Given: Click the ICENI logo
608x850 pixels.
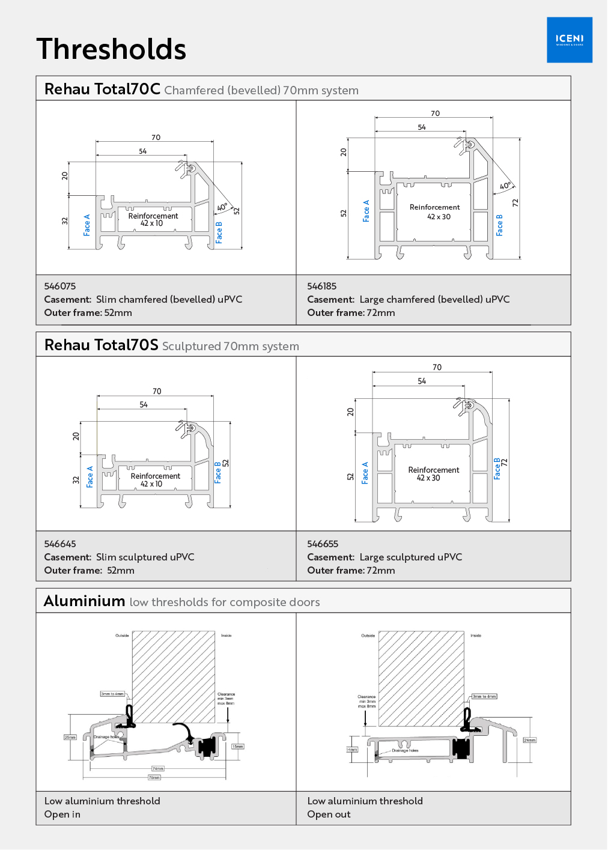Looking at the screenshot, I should [569, 40].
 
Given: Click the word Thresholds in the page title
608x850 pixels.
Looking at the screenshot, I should [111, 49].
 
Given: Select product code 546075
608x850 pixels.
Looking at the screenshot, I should [60, 286].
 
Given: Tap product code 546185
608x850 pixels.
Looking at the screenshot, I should [322, 286].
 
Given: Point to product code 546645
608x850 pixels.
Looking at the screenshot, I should [60, 544].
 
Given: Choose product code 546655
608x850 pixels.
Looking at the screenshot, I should [323, 544].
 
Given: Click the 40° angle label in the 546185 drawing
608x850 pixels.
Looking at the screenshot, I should [505, 186].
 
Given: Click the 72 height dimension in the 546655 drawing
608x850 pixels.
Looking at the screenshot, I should [505, 462].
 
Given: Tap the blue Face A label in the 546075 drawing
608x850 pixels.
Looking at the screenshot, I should [87, 225].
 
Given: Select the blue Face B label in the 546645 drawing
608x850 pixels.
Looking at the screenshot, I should [217, 472].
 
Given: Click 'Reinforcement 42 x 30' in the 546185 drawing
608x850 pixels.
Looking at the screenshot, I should [435, 212].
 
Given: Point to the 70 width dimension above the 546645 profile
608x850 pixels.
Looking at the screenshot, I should [157, 391].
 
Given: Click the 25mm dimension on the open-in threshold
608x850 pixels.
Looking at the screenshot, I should [70, 737].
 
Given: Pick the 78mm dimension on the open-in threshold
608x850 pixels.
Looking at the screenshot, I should [154, 777].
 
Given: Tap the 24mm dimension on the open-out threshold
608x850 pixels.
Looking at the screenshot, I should [529, 740].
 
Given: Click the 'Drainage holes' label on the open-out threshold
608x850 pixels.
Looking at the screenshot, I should [405, 750].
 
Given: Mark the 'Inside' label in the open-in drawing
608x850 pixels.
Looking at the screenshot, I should [226, 635].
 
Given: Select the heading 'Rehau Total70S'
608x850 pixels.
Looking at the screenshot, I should [102, 345].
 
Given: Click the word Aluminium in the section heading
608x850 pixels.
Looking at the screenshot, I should [85, 601].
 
